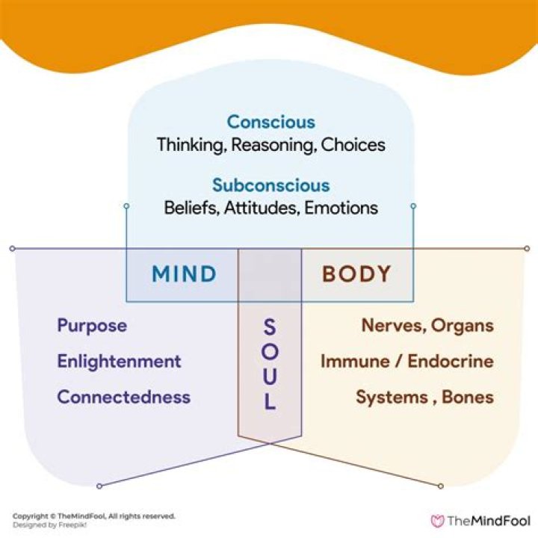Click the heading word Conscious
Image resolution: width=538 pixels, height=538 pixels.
(x=270, y=122)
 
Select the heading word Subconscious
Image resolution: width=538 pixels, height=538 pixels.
(x=270, y=185)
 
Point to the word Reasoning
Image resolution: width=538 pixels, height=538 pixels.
(x=273, y=144)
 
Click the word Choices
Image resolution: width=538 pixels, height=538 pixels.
(x=353, y=144)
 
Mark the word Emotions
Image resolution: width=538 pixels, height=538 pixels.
(x=341, y=208)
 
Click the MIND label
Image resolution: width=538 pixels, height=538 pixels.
(x=184, y=274)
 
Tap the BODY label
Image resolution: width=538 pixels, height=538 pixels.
(x=356, y=274)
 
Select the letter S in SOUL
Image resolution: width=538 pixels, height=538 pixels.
(x=270, y=327)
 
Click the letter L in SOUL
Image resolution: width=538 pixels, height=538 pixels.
(x=270, y=403)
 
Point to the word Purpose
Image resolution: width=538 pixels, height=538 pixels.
(x=92, y=326)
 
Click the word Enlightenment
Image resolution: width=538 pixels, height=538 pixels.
(x=119, y=362)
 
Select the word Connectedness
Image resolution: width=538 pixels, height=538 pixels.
(x=123, y=397)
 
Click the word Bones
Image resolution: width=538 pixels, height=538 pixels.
(x=467, y=397)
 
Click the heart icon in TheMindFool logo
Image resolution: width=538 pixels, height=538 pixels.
(x=438, y=521)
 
